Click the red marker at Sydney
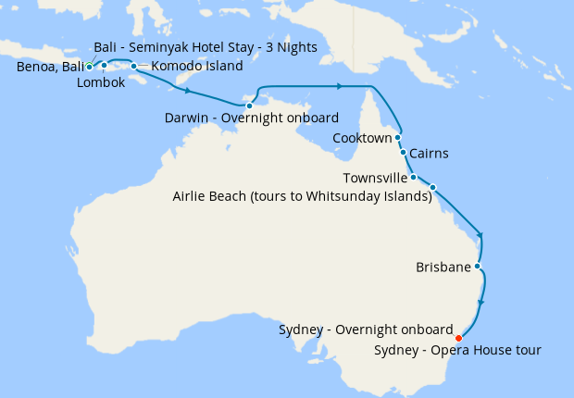tap(459, 337)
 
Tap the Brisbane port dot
tap(477, 267)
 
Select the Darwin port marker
tap(249, 106)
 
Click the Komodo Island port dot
tap(133, 66)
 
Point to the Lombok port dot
tap(105, 65)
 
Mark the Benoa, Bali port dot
tap(89, 67)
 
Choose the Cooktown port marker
tap(398, 137)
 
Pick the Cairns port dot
tap(403, 152)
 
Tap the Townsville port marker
tap(413, 177)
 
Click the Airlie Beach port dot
tap(432, 187)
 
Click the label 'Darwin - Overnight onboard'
tap(251, 118)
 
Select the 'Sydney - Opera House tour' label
tap(458, 350)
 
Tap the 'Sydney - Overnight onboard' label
tap(366, 330)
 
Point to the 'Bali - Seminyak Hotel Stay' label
tap(206, 47)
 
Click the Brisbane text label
tap(443, 268)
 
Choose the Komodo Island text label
tap(197, 67)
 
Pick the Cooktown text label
tap(362, 139)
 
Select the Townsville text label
tap(375, 178)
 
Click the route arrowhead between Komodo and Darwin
tap(189, 92)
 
